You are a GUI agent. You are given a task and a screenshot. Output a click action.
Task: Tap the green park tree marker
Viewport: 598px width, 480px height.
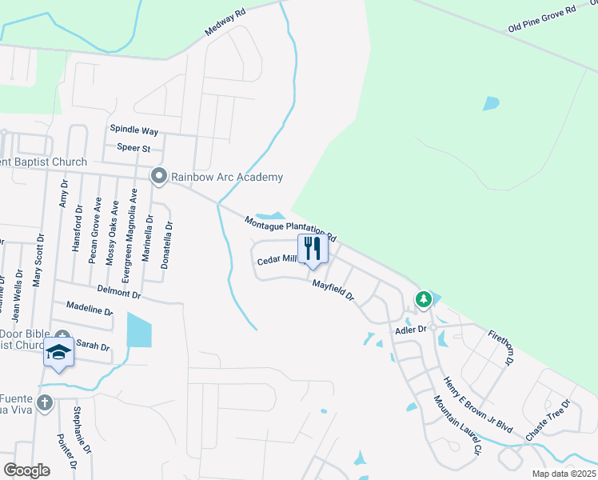(423, 299)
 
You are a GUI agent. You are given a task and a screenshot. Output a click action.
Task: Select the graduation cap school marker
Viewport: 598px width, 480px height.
(59, 353)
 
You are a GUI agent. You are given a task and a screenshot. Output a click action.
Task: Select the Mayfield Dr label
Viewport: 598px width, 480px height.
(333, 290)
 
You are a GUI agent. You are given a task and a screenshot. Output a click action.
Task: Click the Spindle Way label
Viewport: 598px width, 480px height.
(134, 130)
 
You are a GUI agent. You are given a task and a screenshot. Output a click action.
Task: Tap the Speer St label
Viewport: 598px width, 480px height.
(134, 148)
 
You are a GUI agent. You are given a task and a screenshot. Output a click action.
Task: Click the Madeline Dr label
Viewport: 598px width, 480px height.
(90, 308)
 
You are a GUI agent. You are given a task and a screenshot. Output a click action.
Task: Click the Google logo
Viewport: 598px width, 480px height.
(26, 470)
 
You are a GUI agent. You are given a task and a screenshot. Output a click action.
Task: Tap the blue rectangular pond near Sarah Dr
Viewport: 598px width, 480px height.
(138, 330)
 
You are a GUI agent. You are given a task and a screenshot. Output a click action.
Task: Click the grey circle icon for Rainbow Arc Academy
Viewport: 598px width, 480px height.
(159, 176)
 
